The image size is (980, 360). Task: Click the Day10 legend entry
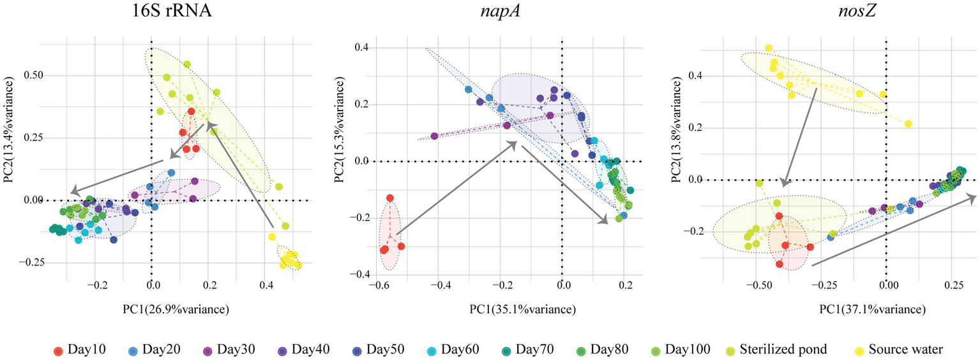pyautogui.click(x=79, y=349)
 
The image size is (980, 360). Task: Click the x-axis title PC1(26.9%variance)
pyautogui.click(x=177, y=310)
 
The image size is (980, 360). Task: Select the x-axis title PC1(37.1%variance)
pyautogui.click(x=872, y=310)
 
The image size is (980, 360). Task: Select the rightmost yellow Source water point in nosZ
pyautogui.click(x=908, y=124)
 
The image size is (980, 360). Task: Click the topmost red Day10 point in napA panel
pyautogui.click(x=389, y=198)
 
